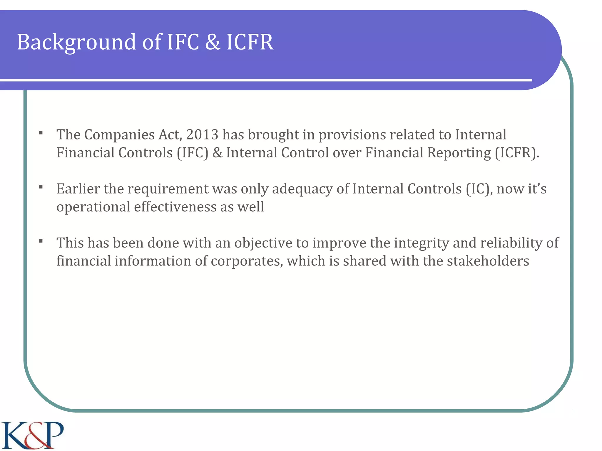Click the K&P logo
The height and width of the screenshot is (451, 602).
pos(32,435)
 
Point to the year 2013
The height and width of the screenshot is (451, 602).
pos(202,135)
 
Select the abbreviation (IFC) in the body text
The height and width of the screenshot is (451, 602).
pos(193,153)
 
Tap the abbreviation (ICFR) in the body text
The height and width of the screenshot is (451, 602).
pos(517,153)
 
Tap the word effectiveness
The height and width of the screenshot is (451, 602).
pos(175,207)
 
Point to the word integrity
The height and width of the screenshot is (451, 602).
pos(421,243)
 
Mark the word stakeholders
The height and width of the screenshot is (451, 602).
pos(488,261)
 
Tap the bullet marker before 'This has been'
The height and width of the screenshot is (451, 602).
pos(41,241)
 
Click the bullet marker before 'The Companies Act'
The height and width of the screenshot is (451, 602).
pos(41,133)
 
